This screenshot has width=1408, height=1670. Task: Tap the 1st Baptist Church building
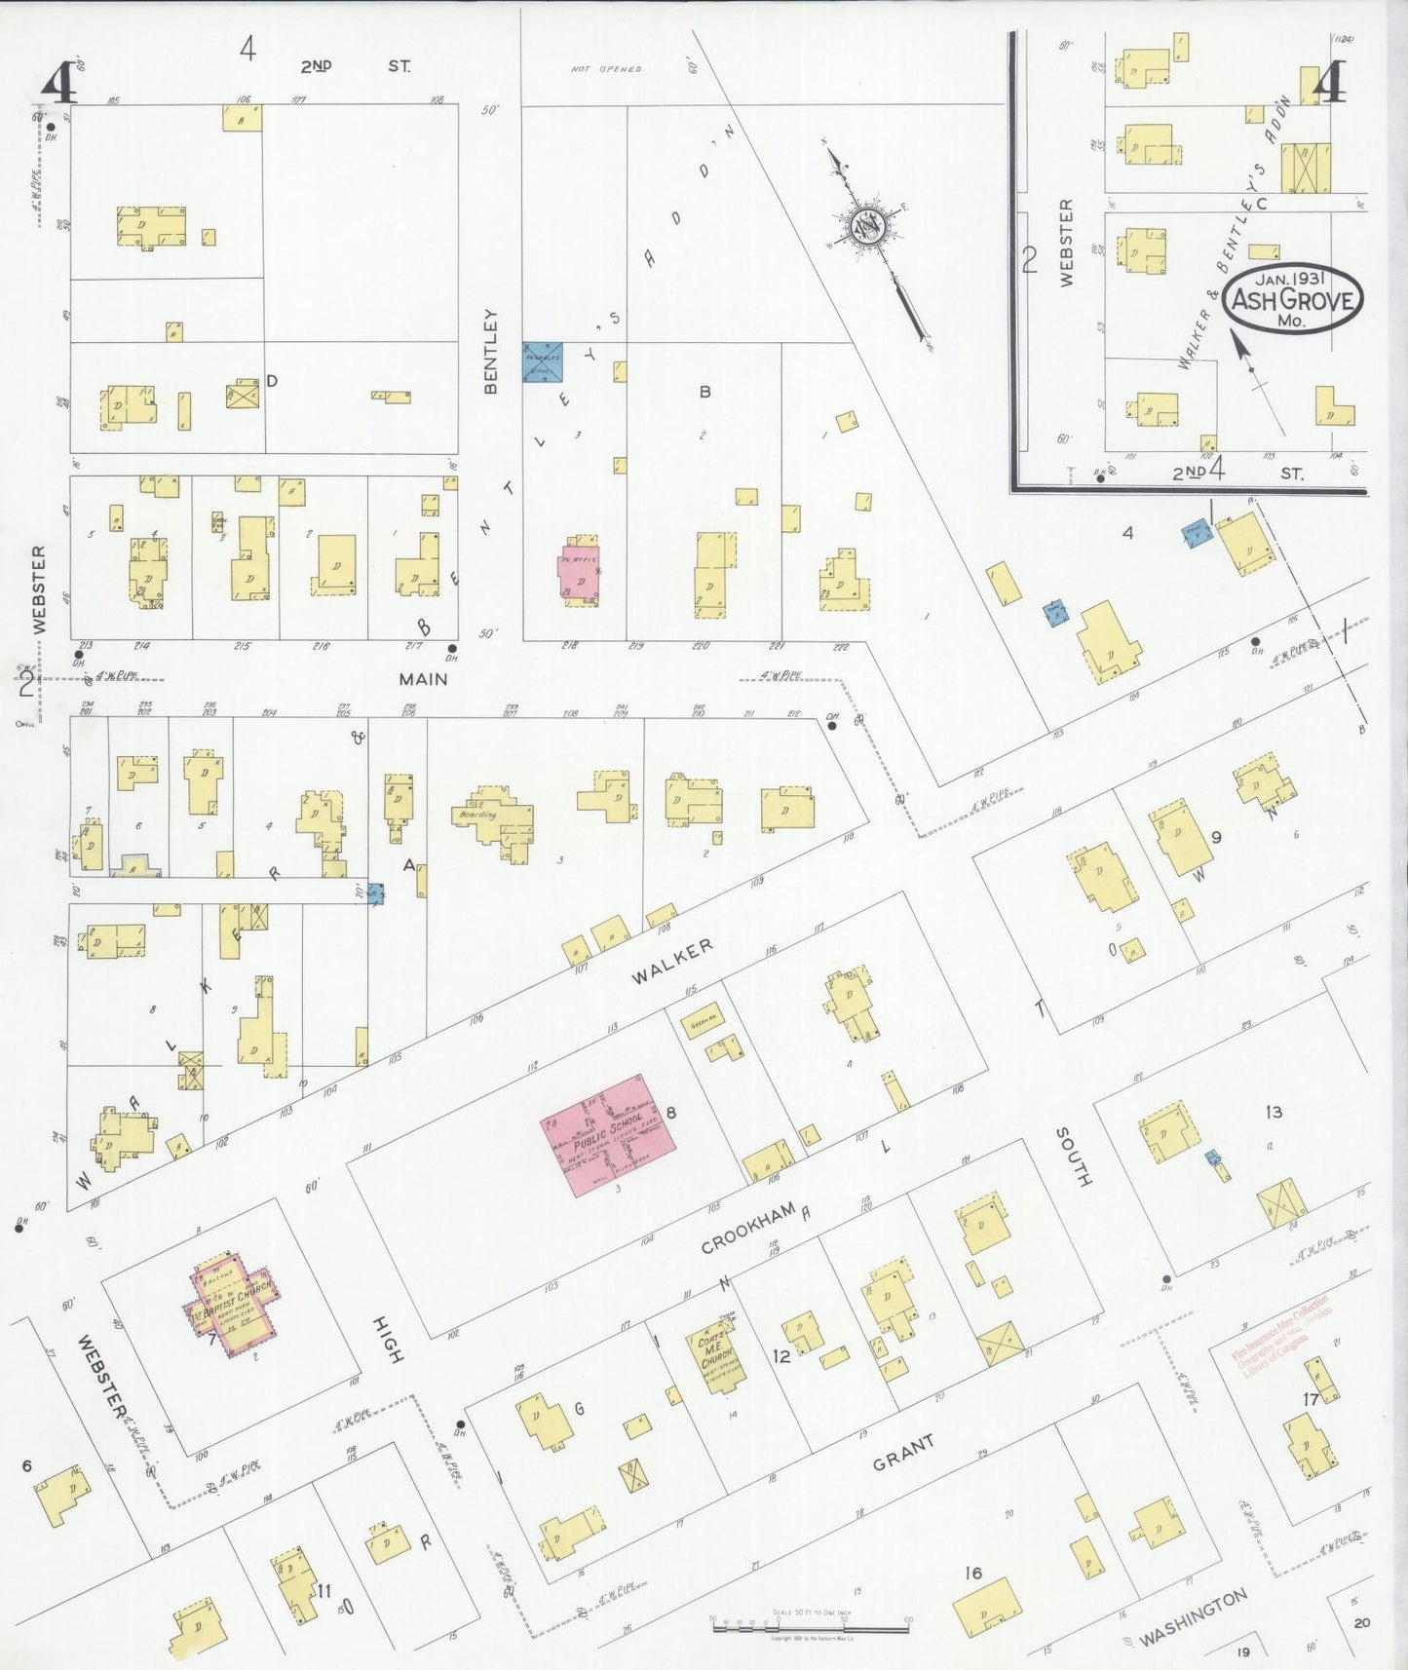[233, 1305]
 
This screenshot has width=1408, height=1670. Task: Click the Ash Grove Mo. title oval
[1293, 299]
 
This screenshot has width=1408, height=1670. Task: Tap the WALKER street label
[671, 962]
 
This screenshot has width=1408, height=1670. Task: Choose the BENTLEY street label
[490, 352]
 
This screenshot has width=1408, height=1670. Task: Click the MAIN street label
[423, 678]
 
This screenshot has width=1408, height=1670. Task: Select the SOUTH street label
[1075, 1157]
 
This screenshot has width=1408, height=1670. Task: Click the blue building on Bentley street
[543, 361]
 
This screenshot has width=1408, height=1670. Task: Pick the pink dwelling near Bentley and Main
[580, 577]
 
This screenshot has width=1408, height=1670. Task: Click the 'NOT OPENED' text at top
[606, 69]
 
